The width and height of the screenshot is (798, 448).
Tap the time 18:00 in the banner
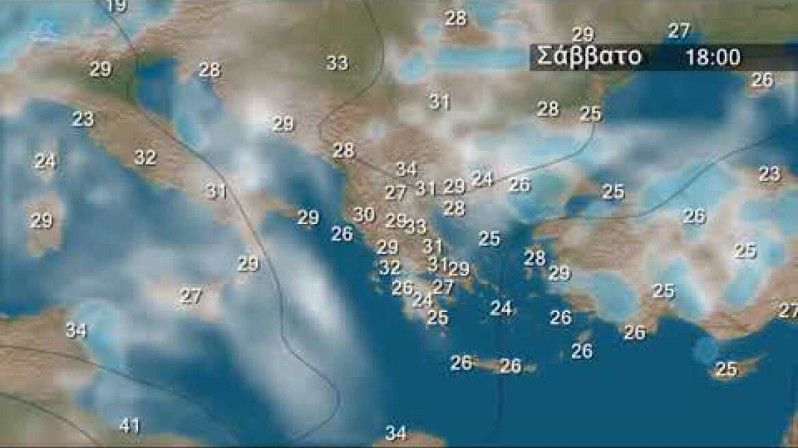pos(713,57)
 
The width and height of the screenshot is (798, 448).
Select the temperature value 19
pos(117,6)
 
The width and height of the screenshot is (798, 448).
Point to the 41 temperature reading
pos(130,426)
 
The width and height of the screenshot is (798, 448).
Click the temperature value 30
pos(363,214)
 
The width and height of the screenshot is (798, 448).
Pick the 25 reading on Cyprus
pos(726,369)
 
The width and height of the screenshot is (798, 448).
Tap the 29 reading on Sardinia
pos(41,221)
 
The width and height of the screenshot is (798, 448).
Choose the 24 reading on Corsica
pos(45,162)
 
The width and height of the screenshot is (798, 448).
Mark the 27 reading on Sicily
pos(191,296)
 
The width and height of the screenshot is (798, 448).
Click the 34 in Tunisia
pos(76,331)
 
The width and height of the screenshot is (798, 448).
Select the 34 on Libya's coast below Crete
pos(396,433)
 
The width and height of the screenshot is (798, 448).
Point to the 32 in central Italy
pos(145,158)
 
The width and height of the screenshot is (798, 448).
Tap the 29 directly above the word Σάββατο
pos(583,34)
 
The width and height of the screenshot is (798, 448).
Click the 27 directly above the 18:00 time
pos(678,31)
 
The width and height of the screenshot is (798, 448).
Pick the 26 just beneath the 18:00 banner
pos(762,80)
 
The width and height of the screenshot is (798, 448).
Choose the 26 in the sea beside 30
pos(342,234)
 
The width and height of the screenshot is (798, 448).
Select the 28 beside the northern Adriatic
pos(210,70)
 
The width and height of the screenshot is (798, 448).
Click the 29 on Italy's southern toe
pos(248,264)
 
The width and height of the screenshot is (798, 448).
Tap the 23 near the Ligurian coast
pos(83,119)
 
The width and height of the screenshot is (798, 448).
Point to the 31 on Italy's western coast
pos(216,191)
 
